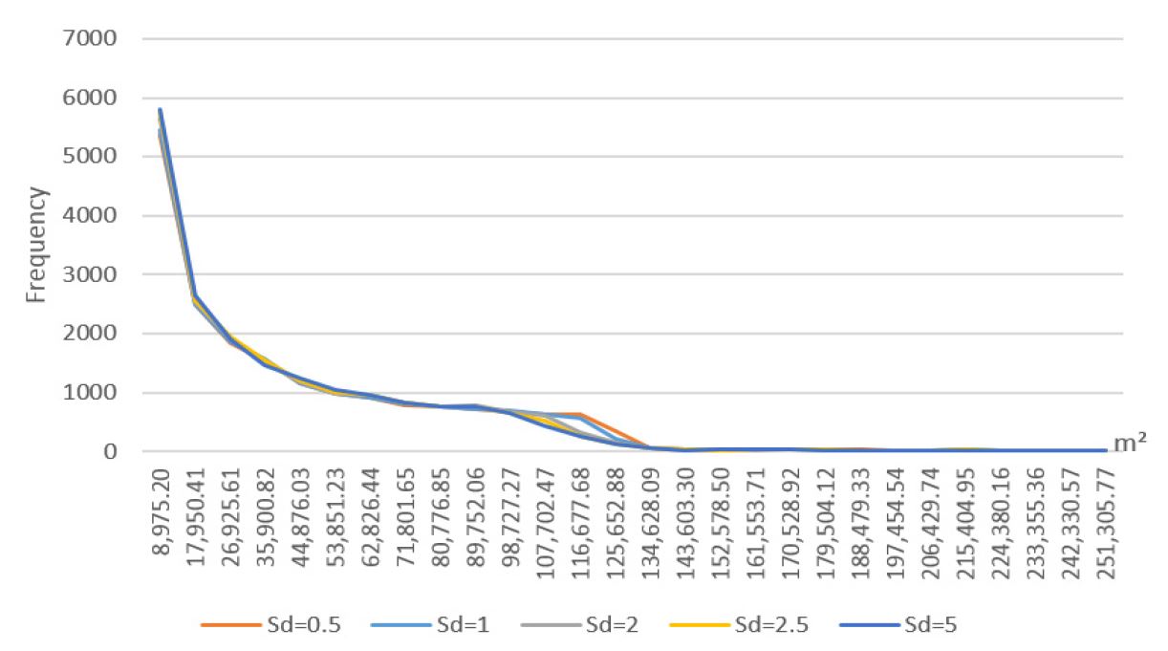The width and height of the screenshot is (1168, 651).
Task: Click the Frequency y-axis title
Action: pyautogui.click(x=36, y=246)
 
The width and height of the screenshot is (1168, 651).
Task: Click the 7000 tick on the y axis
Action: pyautogui.click(x=91, y=39)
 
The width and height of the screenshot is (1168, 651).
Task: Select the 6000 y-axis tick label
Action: pyautogui.click(x=91, y=98)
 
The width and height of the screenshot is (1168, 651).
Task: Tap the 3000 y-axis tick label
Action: pyautogui.click(x=91, y=275)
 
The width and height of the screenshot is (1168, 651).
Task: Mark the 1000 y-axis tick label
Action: pyautogui.click(x=91, y=393)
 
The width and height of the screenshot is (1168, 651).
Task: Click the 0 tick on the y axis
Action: pyautogui.click(x=110, y=452)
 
